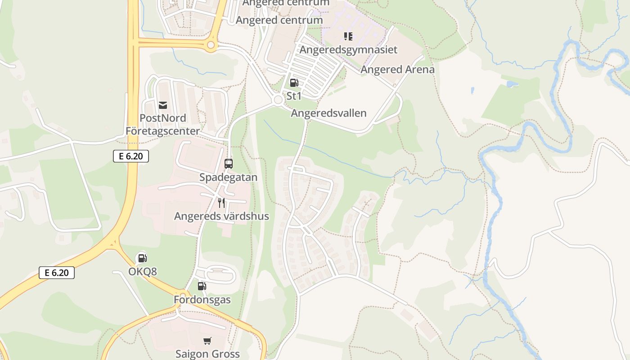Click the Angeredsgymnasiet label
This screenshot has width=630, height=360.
(x=348, y=49)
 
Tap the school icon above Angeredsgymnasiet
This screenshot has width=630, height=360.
(x=348, y=36)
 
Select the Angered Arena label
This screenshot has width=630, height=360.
(x=397, y=69)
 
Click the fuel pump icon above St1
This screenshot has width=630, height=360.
(x=294, y=83)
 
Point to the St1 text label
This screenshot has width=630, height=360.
(x=294, y=96)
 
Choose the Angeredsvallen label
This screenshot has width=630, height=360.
(x=328, y=113)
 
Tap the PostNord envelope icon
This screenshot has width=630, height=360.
(x=163, y=105)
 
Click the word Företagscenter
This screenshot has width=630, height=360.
(x=162, y=131)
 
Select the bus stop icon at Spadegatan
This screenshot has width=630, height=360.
(x=229, y=164)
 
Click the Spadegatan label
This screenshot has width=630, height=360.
(x=229, y=177)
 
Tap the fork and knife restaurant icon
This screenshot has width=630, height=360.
(x=221, y=203)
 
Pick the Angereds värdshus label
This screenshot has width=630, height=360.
(x=221, y=216)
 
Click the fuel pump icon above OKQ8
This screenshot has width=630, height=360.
(x=142, y=258)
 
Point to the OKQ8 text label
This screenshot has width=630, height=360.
(x=142, y=271)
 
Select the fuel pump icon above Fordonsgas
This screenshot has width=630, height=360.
(x=202, y=286)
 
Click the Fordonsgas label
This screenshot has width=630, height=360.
(x=202, y=299)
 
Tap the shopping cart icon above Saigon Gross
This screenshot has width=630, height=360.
(x=207, y=341)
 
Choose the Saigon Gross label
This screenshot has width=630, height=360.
(x=207, y=354)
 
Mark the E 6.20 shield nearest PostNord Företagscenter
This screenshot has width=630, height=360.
(x=130, y=156)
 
